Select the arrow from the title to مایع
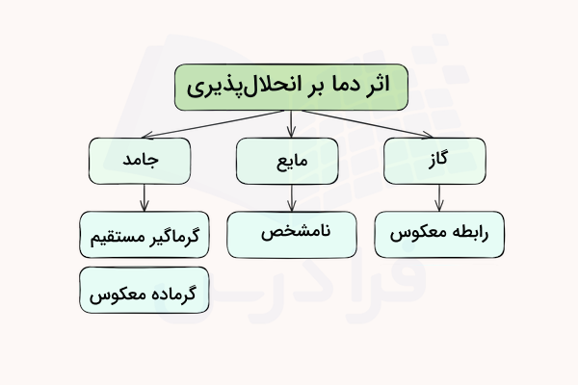(291, 123)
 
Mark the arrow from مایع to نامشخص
(291, 196)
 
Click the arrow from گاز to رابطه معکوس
(439, 196)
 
